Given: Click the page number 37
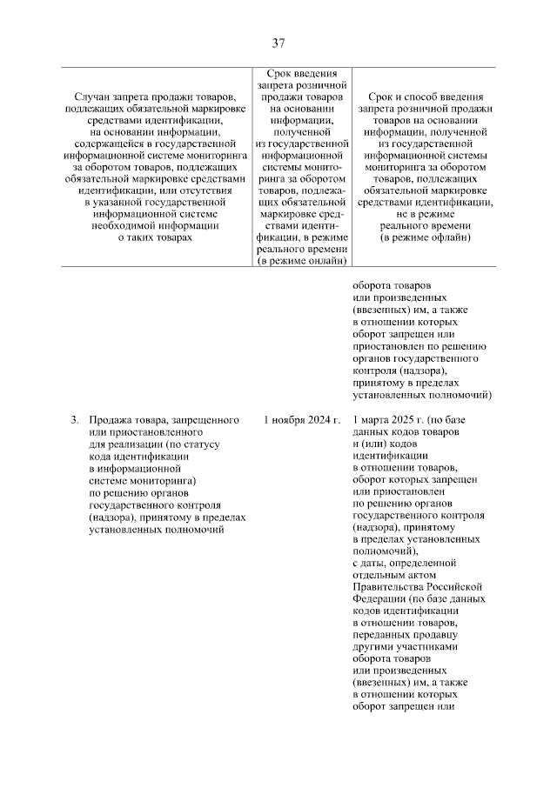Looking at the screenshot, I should (x=278, y=43).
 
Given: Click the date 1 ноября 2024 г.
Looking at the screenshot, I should (x=301, y=421).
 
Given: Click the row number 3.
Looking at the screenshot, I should (x=74, y=421).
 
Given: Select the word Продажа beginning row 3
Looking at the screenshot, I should (x=110, y=421).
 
